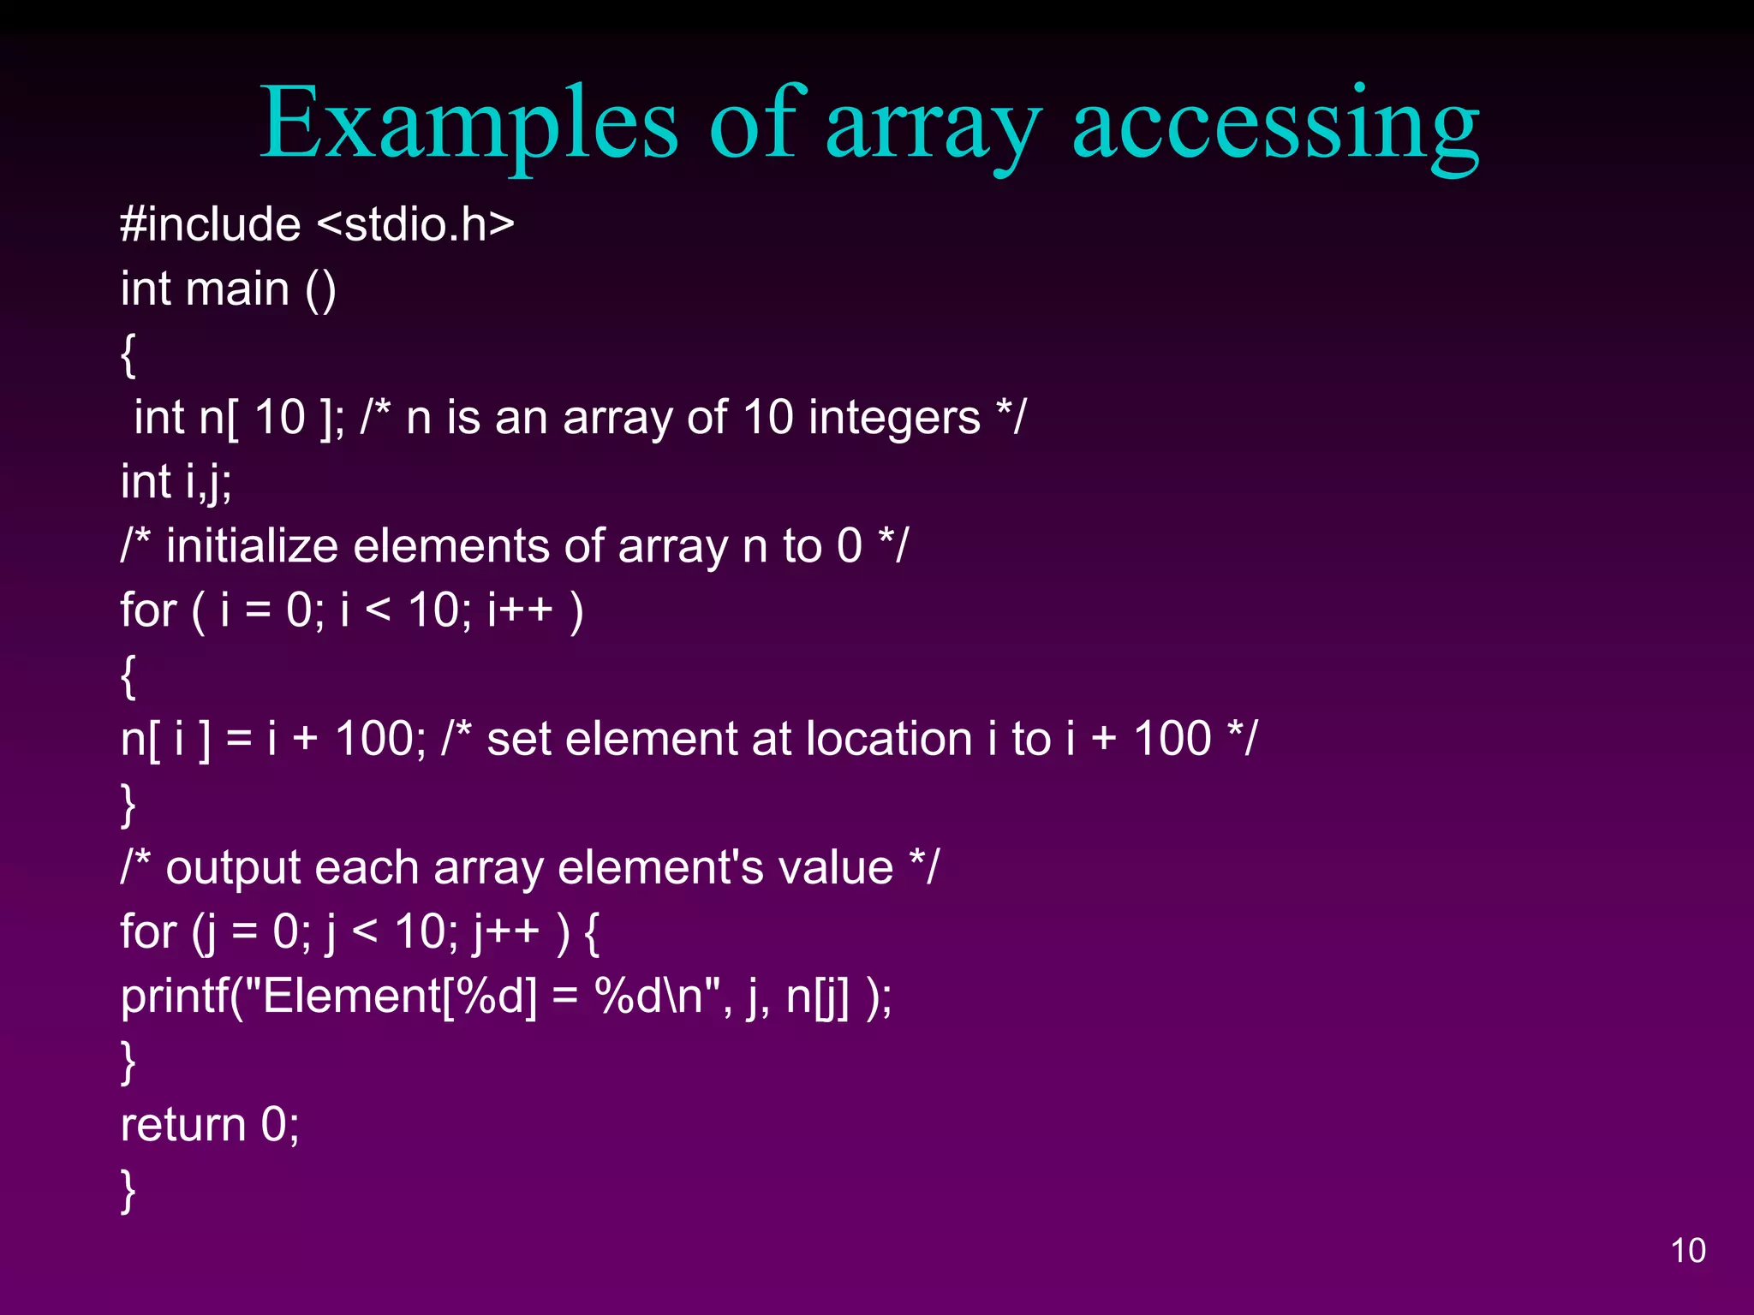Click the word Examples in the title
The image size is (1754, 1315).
click(x=469, y=124)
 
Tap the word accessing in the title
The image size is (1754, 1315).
click(x=1275, y=124)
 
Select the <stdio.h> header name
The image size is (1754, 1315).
click(x=415, y=224)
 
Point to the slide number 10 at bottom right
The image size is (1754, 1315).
click(x=1688, y=1251)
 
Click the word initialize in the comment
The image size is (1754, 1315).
click(x=252, y=546)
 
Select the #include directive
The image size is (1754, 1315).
click(x=211, y=224)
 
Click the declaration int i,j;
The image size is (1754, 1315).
click(x=176, y=482)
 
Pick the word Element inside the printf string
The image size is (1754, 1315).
click(x=351, y=997)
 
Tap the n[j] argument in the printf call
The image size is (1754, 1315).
click(x=817, y=997)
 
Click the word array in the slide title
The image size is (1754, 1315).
click(x=934, y=124)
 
